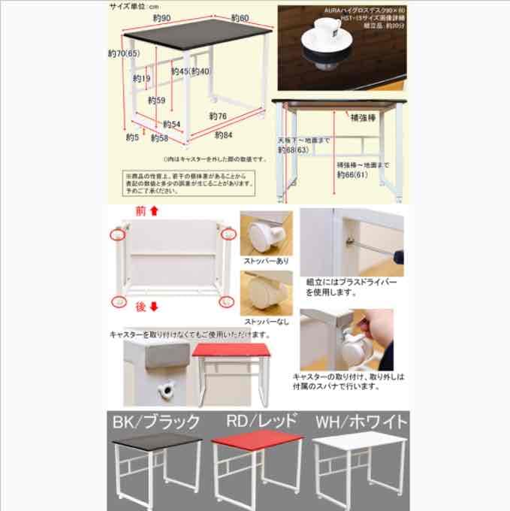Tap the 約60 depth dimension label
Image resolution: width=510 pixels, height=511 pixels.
[240, 18]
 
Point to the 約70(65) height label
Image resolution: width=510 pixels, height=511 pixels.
[122, 54]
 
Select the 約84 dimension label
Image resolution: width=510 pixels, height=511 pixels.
[223, 135]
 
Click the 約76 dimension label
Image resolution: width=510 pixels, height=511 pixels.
[218, 116]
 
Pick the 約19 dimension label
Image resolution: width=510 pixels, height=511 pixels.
[141, 77]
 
